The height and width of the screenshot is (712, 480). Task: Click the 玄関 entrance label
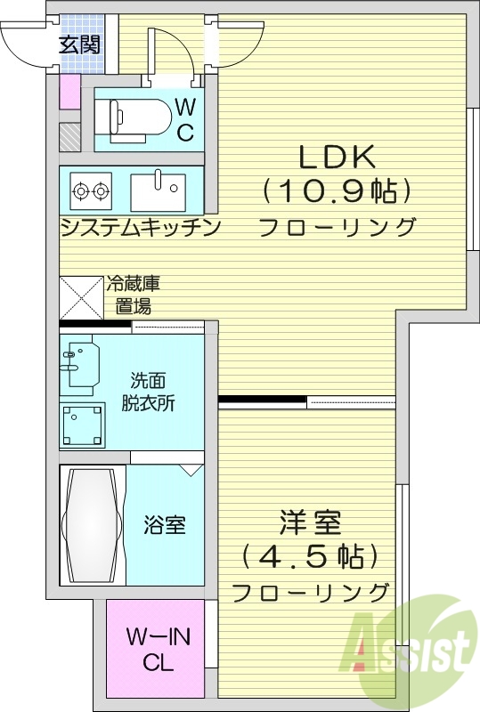click(x=80, y=44)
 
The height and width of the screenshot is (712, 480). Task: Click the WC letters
click(x=185, y=121)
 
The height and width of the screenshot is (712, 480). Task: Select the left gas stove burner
click(x=81, y=190)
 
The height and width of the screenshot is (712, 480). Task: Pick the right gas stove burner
click(x=101, y=190)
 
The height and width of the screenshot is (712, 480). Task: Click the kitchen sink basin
click(x=158, y=191)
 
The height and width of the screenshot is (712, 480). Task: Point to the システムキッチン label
click(x=141, y=227)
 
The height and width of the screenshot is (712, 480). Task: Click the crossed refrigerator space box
click(x=82, y=297)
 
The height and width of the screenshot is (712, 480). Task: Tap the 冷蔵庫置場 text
click(x=134, y=295)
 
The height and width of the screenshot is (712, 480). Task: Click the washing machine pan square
click(x=82, y=425)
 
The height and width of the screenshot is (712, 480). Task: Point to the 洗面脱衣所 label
click(x=148, y=392)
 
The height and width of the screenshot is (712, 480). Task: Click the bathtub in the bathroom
click(x=93, y=524)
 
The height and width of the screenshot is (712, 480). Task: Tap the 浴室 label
click(x=165, y=525)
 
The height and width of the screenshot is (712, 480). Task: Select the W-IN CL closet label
click(x=158, y=651)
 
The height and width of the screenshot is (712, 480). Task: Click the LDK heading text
click(x=337, y=158)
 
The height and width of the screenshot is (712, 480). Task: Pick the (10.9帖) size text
click(x=337, y=191)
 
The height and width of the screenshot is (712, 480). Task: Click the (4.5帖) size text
click(x=310, y=557)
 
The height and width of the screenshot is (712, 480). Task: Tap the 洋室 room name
click(x=311, y=522)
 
